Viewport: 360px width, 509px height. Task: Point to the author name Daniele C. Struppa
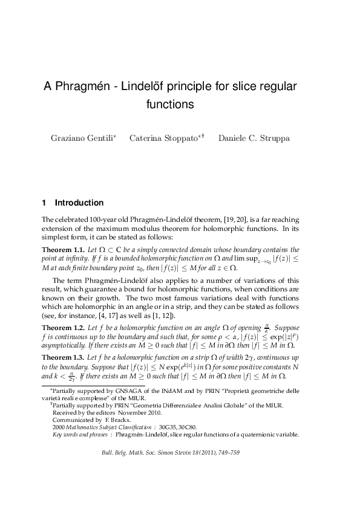tap(246, 138)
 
